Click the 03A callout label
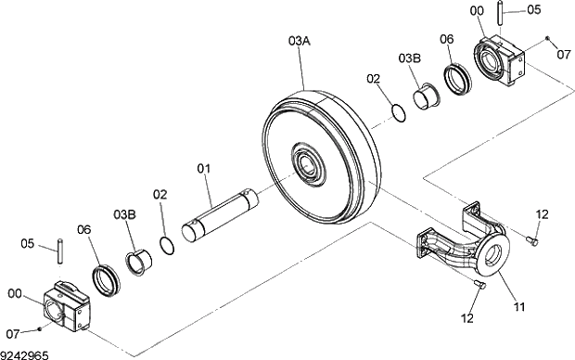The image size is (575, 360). pos(300,41)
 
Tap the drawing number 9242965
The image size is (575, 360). pos(24,355)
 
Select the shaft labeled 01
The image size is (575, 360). pos(220,216)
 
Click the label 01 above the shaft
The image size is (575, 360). pos(204,169)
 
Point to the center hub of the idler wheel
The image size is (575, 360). pos(308,165)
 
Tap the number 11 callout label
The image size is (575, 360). pos(519,306)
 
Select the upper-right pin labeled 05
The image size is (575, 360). pos(500,13)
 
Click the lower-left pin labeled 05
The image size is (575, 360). pos(60,251)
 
